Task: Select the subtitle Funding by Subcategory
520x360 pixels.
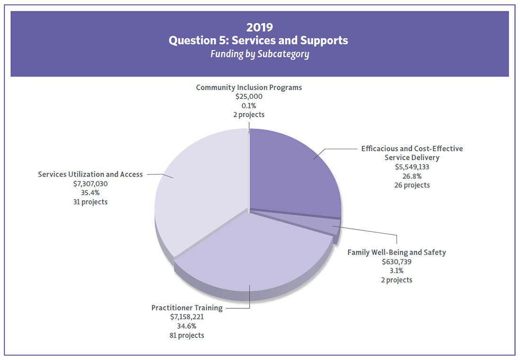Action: pyautogui.click(x=260, y=54)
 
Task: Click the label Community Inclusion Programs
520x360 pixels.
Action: pyautogui.click(x=249, y=88)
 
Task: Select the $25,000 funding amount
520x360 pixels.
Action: pyautogui.click(x=249, y=97)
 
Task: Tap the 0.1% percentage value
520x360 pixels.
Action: pyautogui.click(x=249, y=105)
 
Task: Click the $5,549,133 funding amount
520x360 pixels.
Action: pyautogui.click(x=412, y=167)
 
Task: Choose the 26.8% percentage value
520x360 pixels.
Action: pyautogui.click(x=412, y=176)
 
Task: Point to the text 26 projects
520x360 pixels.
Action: pyautogui.click(x=412, y=185)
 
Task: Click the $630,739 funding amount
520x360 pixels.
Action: pyautogui.click(x=397, y=262)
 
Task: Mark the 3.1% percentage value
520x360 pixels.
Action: pyautogui.click(x=397, y=271)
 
